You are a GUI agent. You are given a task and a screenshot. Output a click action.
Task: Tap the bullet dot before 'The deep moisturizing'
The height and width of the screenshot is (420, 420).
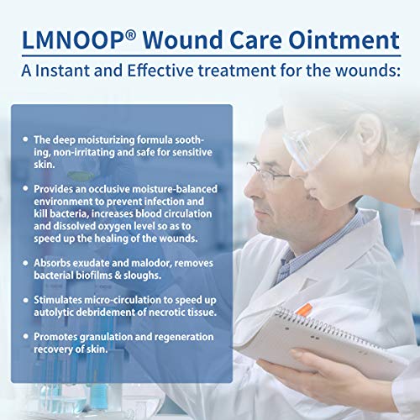point(24,137)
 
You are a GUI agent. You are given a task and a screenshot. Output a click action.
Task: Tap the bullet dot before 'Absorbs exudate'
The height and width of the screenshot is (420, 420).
point(24,264)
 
